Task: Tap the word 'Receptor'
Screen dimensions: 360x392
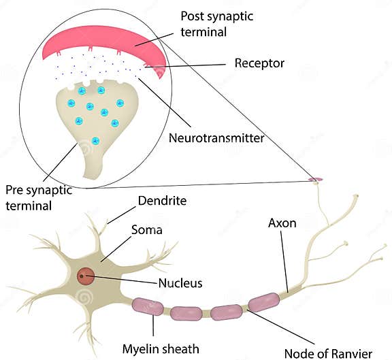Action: click(x=259, y=64)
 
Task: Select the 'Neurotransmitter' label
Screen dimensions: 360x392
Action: click(x=216, y=138)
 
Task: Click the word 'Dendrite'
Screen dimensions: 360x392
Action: click(x=162, y=201)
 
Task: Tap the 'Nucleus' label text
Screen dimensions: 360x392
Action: click(x=180, y=282)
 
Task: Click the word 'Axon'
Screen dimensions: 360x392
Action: click(x=282, y=223)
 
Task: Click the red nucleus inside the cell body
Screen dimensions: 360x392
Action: click(x=86, y=276)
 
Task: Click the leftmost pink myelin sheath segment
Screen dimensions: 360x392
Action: click(x=148, y=306)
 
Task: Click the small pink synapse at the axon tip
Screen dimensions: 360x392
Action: click(x=315, y=180)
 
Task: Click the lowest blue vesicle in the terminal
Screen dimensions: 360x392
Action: click(x=95, y=141)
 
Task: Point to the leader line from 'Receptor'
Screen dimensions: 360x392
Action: click(x=191, y=65)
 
